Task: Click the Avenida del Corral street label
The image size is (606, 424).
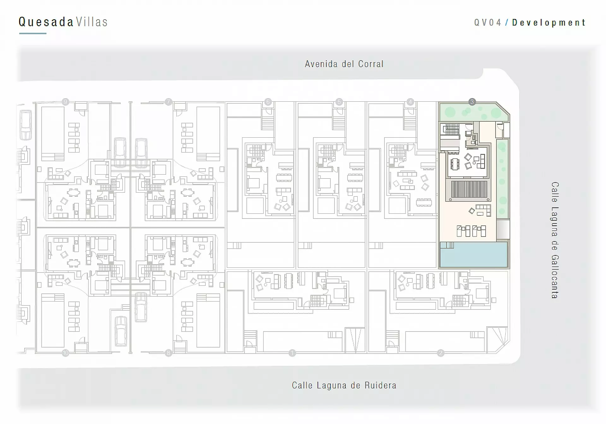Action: click(344, 64)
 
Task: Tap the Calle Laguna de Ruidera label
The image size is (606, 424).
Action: click(344, 385)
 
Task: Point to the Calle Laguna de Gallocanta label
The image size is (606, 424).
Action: click(555, 240)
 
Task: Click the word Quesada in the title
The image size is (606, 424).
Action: click(46, 22)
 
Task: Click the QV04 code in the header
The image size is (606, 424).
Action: click(488, 23)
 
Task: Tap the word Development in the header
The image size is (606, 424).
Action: click(549, 23)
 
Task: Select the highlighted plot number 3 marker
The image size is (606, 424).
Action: click(472, 102)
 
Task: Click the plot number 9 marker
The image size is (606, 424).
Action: click(65, 102)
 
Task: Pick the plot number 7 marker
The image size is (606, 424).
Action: click(168, 102)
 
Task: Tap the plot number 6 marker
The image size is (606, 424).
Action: click(268, 102)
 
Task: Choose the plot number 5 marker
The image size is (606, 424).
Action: click(339, 102)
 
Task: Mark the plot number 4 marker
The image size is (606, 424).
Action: click(410, 102)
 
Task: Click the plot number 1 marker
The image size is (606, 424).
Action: click(292, 353)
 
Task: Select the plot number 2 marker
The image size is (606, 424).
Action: click(441, 353)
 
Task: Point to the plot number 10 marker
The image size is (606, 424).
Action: click(65, 353)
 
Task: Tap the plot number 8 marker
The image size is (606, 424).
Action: click(168, 353)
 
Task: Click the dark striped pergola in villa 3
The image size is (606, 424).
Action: click(469, 189)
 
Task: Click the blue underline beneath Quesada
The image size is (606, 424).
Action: click(33, 33)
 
